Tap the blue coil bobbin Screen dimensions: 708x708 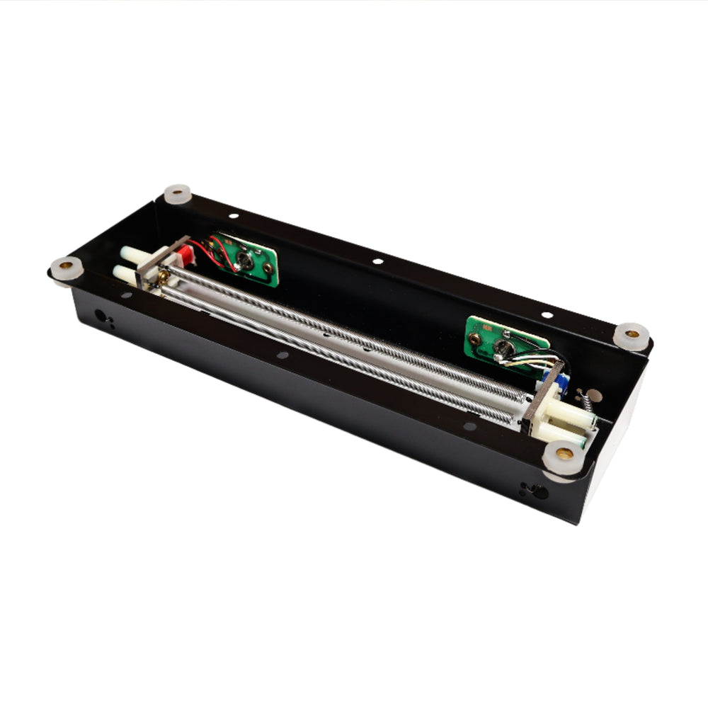click(561, 382)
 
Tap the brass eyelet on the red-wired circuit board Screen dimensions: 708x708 click(268, 269)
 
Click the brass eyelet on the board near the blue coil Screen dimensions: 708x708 click(476, 339)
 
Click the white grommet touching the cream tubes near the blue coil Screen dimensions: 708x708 click(565, 453)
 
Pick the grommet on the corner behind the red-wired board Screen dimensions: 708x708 click(178, 194)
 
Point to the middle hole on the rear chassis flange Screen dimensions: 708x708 click(377, 261)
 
